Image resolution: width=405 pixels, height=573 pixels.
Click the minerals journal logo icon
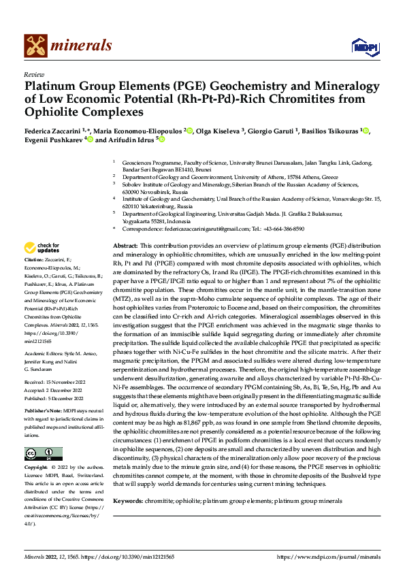click(x=36, y=46)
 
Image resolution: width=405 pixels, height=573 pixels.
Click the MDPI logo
click(x=362, y=46)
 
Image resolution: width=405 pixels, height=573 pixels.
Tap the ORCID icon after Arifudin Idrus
click(x=162, y=140)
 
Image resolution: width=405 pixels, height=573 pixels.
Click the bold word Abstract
click(x=125, y=244)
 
